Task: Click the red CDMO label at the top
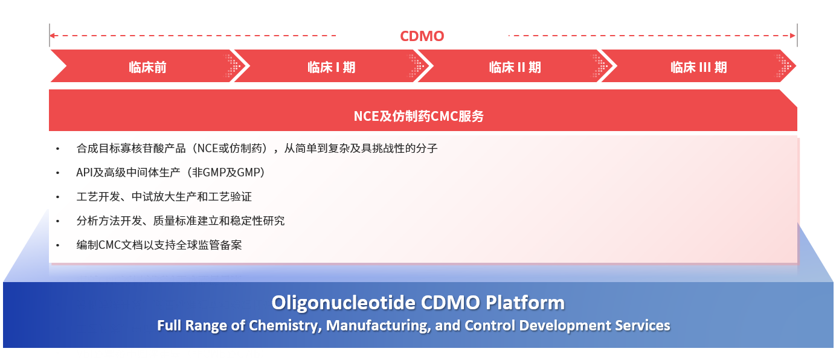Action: click(x=422, y=36)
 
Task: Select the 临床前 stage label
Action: click(x=147, y=68)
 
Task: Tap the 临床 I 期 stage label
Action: click(x=331, y=68)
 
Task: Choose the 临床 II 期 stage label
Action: click(x=515, y=68)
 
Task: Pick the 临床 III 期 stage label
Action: click(x=698, y=68)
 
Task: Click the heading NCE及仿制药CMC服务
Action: click(x=419, y=116)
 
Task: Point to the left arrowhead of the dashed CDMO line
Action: click(x=53, y=36)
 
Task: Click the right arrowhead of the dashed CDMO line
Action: click(x=792, y=36)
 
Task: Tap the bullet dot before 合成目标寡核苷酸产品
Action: click(x=57, y=149)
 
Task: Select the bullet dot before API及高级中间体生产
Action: click(x=57, y=173)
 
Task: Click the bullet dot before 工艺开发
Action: click(x=57, y=197)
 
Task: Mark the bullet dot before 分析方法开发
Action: click(x=57, y=222)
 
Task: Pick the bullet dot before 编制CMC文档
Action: click(x=57, y=246)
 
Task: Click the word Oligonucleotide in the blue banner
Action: click(x=344, y=303)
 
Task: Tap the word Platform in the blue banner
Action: click(x=525, y=303)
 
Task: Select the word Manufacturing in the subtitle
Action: click(x=378, y=326)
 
